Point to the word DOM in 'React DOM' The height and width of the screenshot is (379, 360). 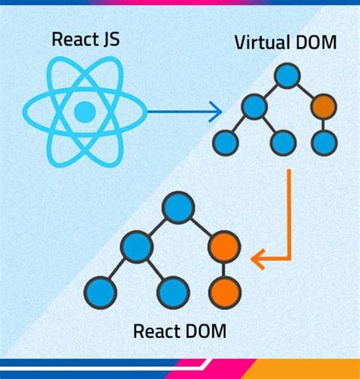coord(202,332)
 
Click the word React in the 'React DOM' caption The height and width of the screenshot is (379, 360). coord(155,332)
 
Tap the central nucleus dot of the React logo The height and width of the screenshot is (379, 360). coord(84,112)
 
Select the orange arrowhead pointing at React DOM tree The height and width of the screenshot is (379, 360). coord(259,260)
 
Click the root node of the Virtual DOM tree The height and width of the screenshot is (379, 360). coord(287,76)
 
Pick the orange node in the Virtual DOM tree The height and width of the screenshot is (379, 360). coord(324,105)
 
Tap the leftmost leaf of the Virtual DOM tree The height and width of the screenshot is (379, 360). coord(225,141)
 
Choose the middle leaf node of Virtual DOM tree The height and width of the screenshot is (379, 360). coord(283,141)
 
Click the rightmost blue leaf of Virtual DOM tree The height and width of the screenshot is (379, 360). coord(324,141)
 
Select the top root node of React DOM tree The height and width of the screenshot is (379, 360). coord(178,207)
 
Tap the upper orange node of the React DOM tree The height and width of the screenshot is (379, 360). coord(225,247)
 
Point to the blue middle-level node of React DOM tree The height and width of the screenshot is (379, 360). coord(137,247)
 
